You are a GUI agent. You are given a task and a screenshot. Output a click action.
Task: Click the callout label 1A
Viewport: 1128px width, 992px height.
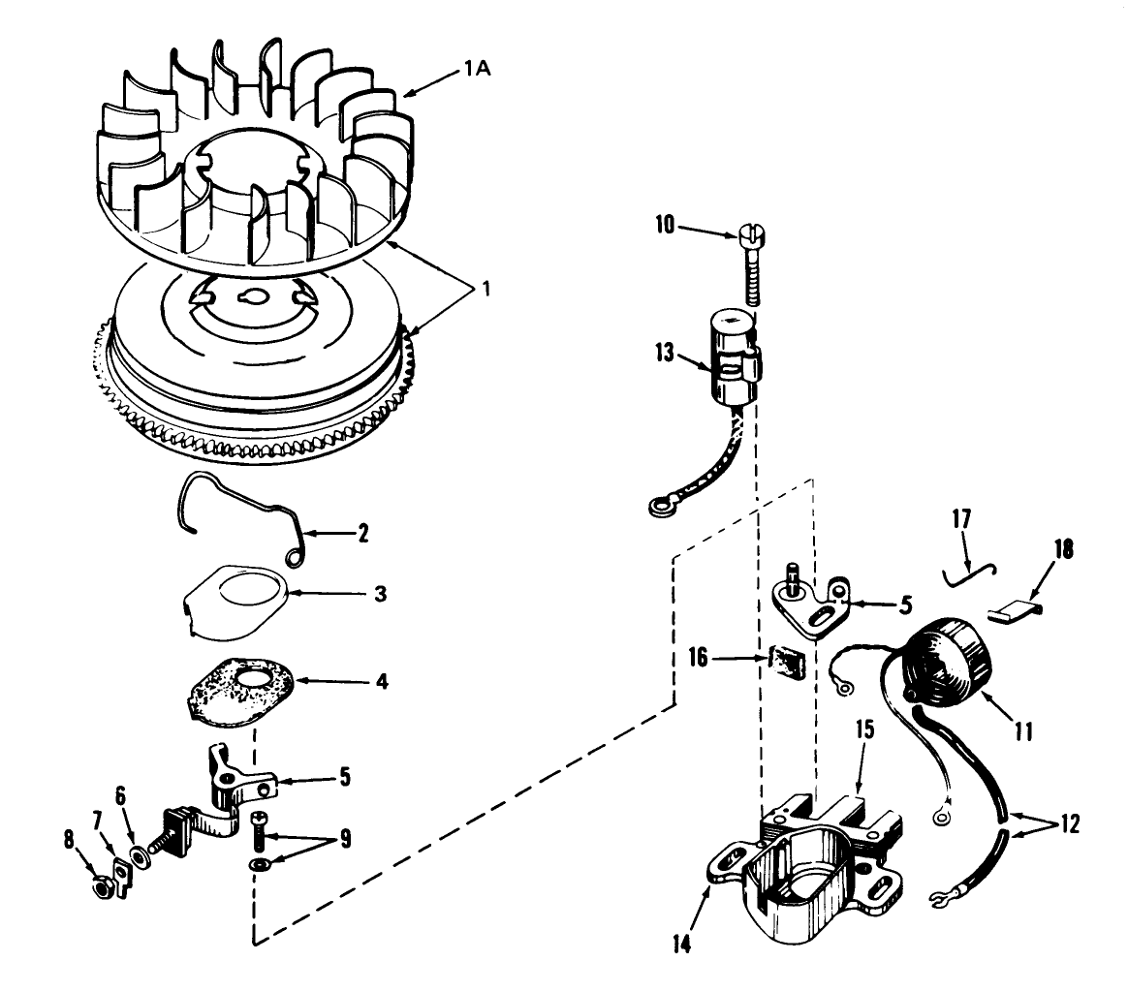476,69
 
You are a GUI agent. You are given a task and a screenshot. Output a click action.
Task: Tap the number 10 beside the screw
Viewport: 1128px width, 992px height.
665,225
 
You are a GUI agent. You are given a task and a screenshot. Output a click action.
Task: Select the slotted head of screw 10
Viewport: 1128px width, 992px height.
751,233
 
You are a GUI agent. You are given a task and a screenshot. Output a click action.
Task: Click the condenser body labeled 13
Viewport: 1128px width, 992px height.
736,354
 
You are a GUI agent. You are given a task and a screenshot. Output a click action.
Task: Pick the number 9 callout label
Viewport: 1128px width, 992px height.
346,839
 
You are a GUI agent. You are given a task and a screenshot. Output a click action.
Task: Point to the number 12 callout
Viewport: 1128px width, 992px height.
1070,823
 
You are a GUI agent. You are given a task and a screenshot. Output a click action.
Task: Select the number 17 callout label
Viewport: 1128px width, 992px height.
961,518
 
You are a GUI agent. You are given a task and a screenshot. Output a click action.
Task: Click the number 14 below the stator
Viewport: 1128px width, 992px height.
681,944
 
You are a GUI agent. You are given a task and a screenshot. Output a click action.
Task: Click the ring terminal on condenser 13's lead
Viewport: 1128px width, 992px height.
658,509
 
